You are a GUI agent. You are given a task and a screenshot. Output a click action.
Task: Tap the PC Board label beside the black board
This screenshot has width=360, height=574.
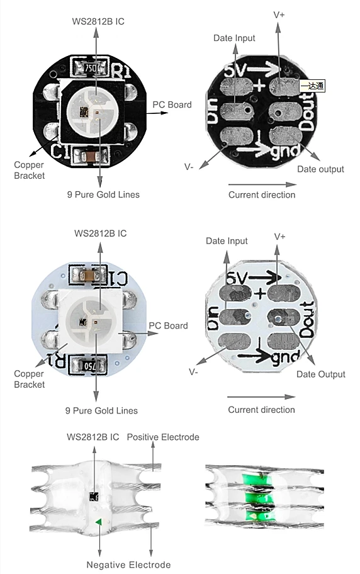point(172,104)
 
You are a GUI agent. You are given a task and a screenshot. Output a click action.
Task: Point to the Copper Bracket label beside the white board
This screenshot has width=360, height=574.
point(30,379)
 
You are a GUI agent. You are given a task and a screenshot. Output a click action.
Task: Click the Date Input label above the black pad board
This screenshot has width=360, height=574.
point(234,38)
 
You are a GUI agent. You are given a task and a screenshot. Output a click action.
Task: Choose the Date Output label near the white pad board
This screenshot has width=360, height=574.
point(321,374)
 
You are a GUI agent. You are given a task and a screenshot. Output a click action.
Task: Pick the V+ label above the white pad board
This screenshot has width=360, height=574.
point(280,236)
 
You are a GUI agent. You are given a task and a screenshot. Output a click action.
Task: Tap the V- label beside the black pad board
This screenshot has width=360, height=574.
point(189,166)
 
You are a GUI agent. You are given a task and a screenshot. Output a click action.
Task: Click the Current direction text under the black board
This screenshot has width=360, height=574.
point(261,195)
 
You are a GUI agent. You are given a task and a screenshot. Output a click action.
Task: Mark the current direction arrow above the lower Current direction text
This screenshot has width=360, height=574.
point(261,397)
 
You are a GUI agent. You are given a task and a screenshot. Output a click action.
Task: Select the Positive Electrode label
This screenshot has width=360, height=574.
point(163,437)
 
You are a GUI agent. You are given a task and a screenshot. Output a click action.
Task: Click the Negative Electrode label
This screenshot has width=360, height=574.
point(128,565)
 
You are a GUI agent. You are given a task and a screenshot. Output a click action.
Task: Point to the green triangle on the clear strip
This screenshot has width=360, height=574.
point(98,521)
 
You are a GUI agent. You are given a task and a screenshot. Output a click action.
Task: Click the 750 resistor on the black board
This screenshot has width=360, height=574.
point(90,66)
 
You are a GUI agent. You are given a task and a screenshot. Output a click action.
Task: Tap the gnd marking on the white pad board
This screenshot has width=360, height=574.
point(283,357)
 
